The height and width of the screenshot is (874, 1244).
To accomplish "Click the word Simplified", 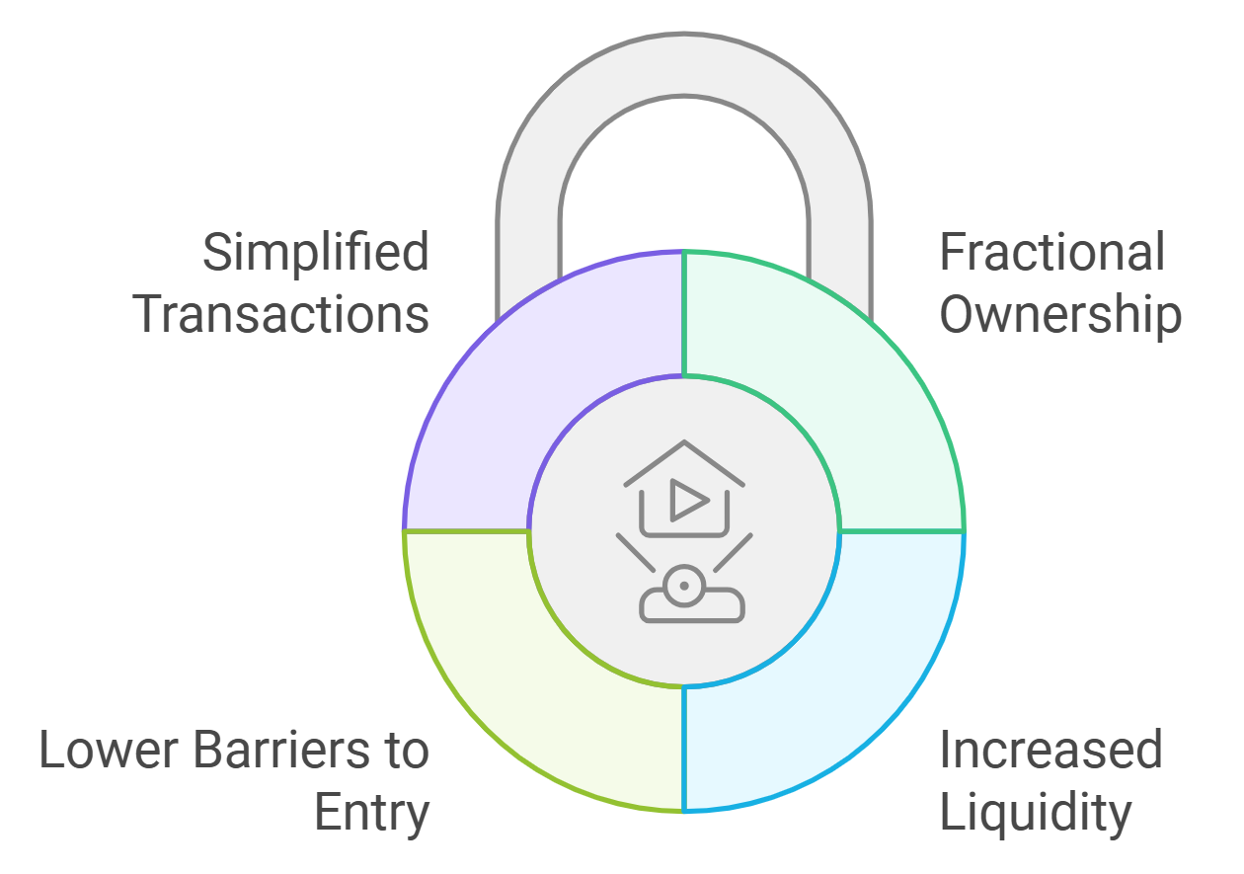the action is [316, 254].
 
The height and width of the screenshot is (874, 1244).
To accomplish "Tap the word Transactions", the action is [281, 314].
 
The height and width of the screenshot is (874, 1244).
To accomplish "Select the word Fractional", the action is [1051, 254].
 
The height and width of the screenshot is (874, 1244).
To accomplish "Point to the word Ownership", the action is [1059, 314].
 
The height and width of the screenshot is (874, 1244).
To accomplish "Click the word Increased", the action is [1050, 751].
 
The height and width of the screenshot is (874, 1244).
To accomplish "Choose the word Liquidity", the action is [1035, 812].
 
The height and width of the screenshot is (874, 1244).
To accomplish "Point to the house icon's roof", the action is [684, 459].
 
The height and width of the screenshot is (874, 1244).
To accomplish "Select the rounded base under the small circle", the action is [692, 607].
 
